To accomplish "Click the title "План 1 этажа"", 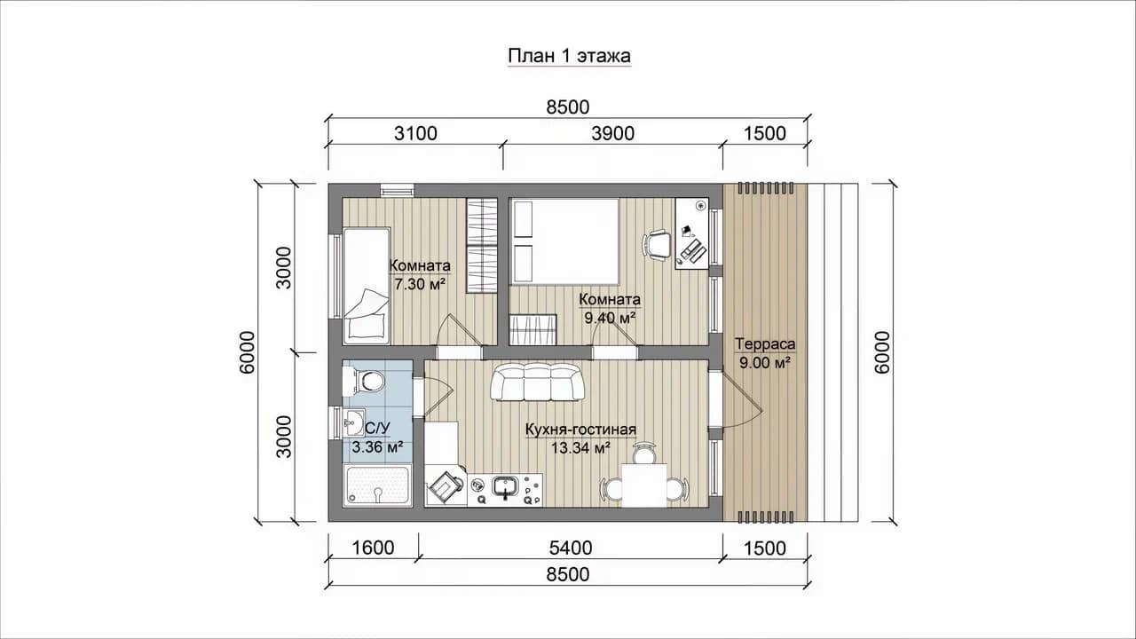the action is tap(570, 56).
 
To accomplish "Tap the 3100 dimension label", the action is tap(415, 133).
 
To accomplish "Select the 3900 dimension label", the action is tap(612, 133).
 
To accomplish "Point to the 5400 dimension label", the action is tap(571, 548).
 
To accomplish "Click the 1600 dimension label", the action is tap(373, 548).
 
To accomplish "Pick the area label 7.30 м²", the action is tap(420, 284).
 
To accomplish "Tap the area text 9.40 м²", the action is tap(610, 318).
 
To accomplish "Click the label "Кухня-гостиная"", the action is tap(580, 430).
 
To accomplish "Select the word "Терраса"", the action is tap(765, 343).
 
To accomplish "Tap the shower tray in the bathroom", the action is tap(377, 485).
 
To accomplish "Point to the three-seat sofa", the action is tap(538, 383).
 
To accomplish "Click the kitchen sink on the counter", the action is tap(505, 487).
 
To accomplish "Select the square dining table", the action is tap(644, 485).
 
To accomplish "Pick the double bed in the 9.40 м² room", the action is tap(564, 241).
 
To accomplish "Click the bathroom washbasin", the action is tap(353, 422).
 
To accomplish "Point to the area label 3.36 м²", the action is tap(377, 447).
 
